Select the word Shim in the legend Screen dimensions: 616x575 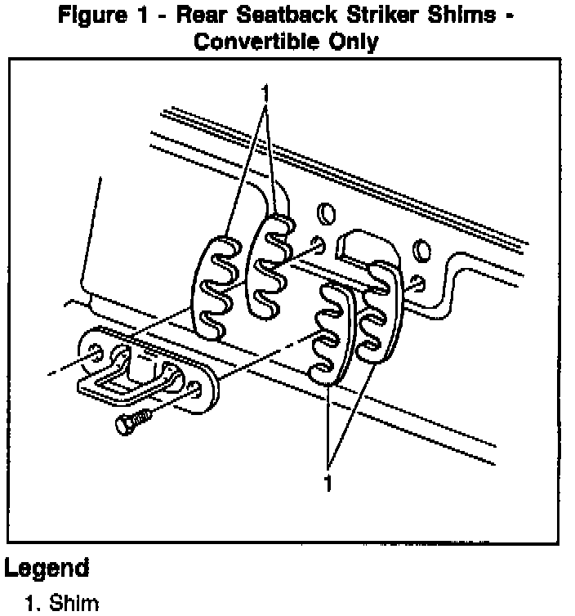78,604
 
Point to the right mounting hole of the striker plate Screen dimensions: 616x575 197,390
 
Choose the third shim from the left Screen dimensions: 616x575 331,331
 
